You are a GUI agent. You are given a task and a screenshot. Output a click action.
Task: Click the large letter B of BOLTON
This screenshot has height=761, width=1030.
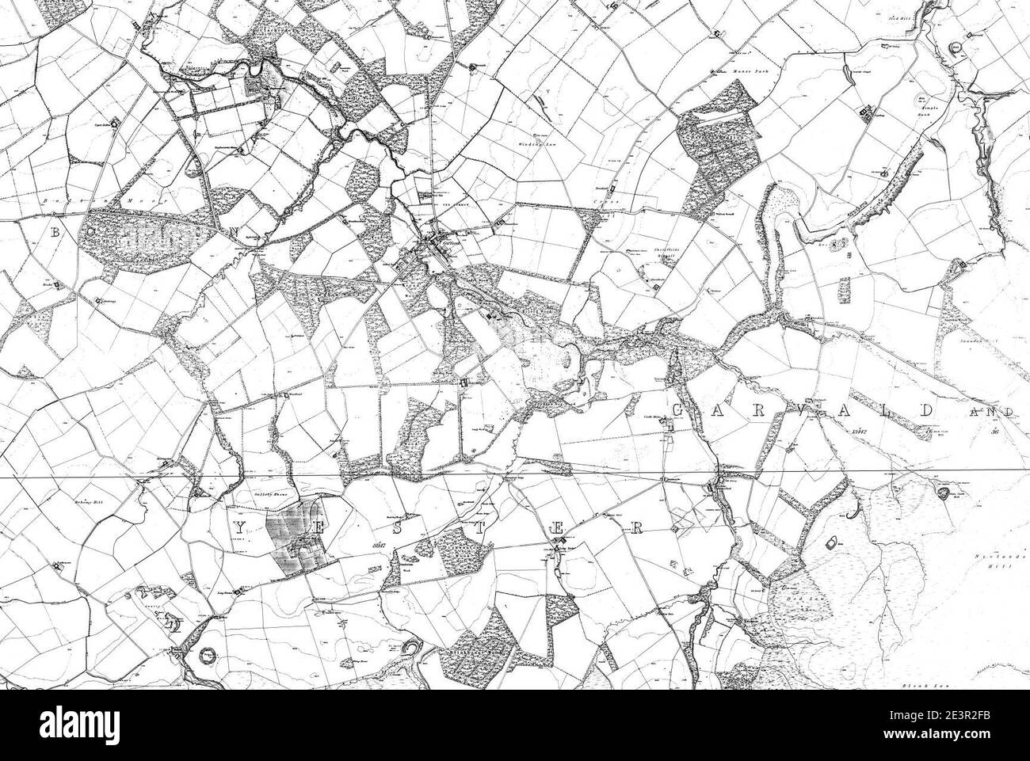pos(56,233)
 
